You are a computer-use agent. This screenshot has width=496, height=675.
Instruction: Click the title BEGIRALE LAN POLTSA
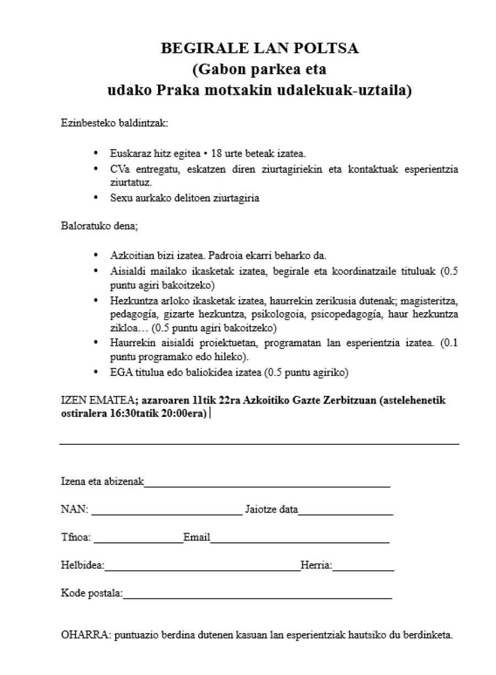point(260,48)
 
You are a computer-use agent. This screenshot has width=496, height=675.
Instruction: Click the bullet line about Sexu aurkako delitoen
point(185,198)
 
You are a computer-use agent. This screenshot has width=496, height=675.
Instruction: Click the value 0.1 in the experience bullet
point(451,343)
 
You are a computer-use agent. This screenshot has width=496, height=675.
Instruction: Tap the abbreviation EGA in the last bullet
point(120,373)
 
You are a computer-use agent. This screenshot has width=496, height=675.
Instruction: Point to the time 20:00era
point(182,413)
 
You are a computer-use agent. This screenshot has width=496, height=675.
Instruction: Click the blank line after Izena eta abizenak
point(267,486)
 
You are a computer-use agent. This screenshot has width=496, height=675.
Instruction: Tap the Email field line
point(300,542)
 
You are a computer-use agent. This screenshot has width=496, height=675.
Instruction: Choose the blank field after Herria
point(363,570)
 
